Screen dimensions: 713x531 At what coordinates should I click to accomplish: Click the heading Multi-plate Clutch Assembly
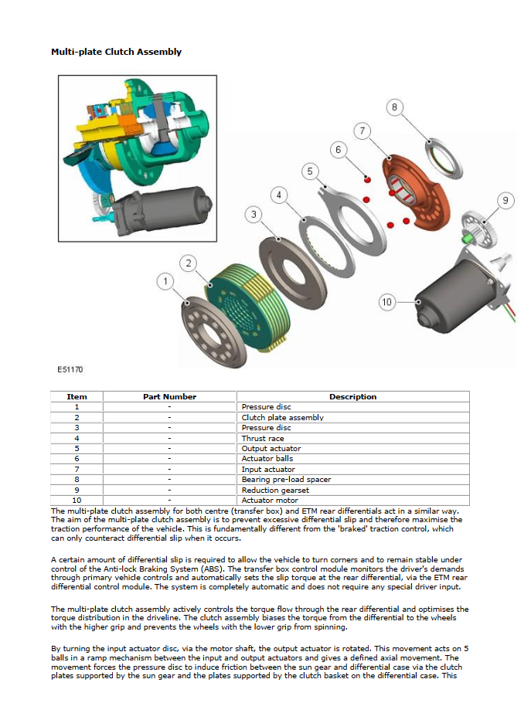click(116, 52)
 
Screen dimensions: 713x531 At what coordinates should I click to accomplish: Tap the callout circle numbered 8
click(395, 107)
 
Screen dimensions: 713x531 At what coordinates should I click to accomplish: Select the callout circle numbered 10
click(387, 301)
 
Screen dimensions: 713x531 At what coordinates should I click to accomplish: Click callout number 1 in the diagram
click(165, 281)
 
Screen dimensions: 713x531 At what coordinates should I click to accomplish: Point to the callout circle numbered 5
click(310, 171)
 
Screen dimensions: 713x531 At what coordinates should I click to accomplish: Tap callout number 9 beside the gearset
click(505, 201)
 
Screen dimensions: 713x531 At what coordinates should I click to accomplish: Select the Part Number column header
click(169, 396)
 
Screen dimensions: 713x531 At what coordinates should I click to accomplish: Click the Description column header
click(352, 396)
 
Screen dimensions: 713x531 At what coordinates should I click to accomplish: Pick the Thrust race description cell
click(262, 438)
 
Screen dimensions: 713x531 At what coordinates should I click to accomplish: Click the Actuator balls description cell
click(267, 459)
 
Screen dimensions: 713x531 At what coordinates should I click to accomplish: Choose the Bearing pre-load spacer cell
click(286, 480)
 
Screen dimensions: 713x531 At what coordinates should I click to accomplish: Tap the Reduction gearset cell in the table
click(274, 490)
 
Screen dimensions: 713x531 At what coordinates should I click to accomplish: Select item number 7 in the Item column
click(77, 469)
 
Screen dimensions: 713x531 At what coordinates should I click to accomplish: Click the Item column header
click(77, 396)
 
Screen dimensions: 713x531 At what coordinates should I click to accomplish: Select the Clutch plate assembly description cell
click(282, 417)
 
